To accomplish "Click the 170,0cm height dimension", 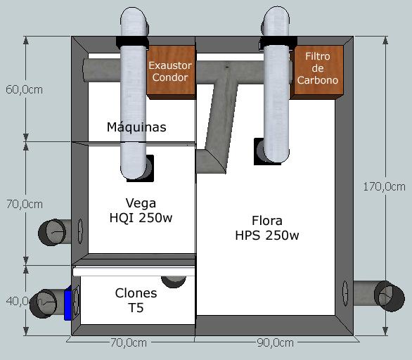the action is coord(384,187).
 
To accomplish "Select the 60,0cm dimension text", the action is coord(24,90).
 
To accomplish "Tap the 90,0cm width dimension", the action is coord(275,343).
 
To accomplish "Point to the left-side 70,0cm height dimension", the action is coord(25,204).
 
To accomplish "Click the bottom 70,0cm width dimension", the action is coord(129,343).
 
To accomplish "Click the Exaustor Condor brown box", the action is coord(171,72).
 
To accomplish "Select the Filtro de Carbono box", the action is coord(317,72).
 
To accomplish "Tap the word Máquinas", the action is coord(136,127).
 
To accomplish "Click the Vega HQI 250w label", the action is coord(141,210).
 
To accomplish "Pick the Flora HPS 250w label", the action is coord(267,228).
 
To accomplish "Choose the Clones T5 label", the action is coord(136,300).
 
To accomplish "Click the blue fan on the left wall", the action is coord(68,303).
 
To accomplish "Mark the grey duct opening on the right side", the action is coord(390,296).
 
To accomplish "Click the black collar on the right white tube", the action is coord(278,42).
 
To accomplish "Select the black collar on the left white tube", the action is coord(132,42).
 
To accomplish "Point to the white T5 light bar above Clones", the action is coord(134,271).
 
